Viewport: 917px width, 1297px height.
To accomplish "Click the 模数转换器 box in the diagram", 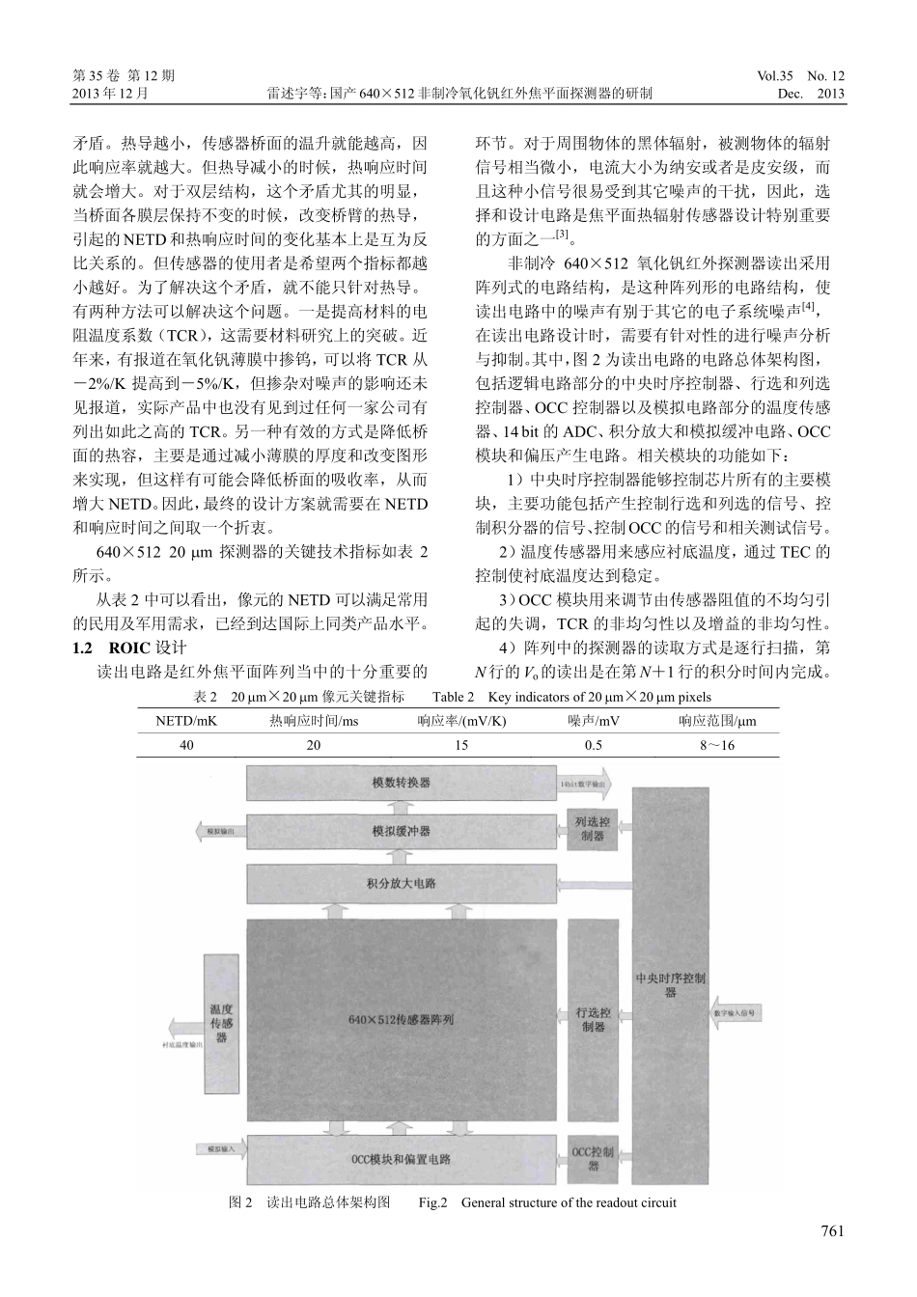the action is click(x=401, y=783).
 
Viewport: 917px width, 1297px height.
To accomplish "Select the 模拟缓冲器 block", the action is click(x=401, y=831).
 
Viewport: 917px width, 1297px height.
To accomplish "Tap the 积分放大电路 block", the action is click(x=401, y=883).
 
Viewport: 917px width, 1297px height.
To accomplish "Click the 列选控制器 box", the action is click(x=593, y=830).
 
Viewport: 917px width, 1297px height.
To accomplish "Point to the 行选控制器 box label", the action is click(x=593, y=1020).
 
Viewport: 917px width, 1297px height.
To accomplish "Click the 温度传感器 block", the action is click(x=221, y=1023).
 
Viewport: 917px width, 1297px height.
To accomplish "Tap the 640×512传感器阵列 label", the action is click(x=401, y=1019).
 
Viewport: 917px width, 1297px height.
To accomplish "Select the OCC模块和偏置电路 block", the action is click(x=401, y=1158).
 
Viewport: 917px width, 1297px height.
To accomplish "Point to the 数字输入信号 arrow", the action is click(x=734, y=1014).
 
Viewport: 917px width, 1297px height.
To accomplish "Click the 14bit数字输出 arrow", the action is click(x=584, y=785).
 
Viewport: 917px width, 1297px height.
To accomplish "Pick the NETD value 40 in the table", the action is click(x=186, y=745).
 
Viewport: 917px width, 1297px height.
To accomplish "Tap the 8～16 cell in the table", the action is click(x=717, y=745).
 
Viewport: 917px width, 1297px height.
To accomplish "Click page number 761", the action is click(x=832, y=1230).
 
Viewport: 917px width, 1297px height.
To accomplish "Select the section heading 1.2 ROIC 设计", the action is click(x=136, y=647).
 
